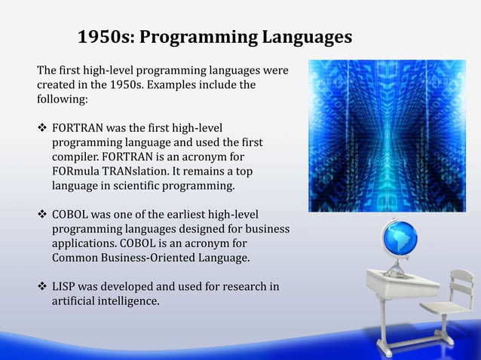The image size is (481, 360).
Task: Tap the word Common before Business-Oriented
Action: pos(77,257)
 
